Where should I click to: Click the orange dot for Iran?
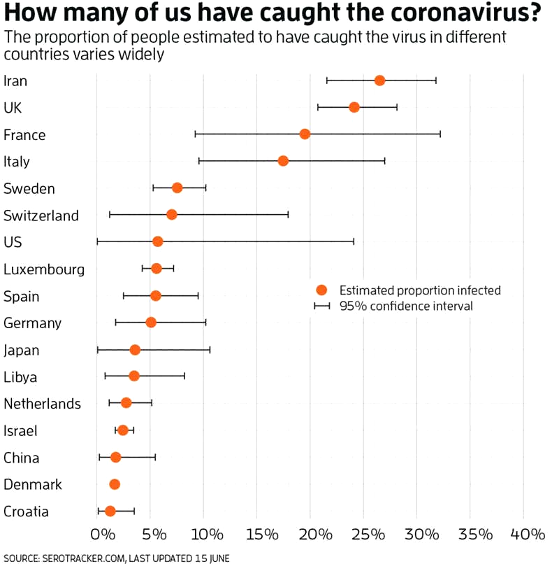379,80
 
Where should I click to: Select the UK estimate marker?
354,107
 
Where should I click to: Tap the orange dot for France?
305,134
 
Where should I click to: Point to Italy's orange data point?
283,161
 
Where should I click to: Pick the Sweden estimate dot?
177,188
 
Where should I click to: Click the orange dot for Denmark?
115,484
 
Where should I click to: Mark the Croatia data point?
110,511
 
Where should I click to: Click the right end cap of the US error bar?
354,241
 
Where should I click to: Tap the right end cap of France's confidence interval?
440,134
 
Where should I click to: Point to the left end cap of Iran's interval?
327,80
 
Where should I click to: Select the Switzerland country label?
41,216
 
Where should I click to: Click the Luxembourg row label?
44,269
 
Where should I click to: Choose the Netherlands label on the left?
42,404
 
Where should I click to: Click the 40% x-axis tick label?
528,535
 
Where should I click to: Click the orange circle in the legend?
321,290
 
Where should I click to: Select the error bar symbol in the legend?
321,306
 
